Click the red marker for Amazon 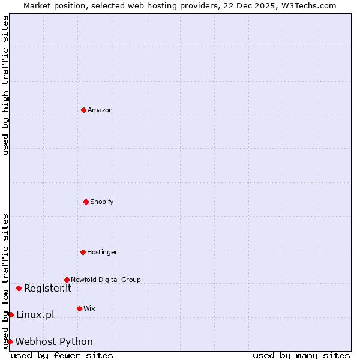click(x=83, y=110)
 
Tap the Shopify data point click(x=86, y=202)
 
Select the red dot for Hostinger click(x=83, y=252)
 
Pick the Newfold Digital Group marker click(x=67, y=280)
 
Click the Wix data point click(x=79, y=308)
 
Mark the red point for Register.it click(x=19, y=288)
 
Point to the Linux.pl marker click(x=11, y=314)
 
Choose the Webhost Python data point click(x=10, y=341)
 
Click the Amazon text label click(x=100, y=110)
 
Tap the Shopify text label click(x=102, y=202)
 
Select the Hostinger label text click(x=102, y=252)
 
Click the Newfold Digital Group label click(x=106, y=280)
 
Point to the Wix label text click(x=89, y=308)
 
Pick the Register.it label click(x=47, y=288)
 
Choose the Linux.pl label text click(x=35, y=314)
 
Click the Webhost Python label click(x=54, y=341)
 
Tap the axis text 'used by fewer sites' click(x=62, y=355)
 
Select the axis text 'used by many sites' click(x=301, y=355)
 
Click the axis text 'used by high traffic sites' click(x=5, y=86)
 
